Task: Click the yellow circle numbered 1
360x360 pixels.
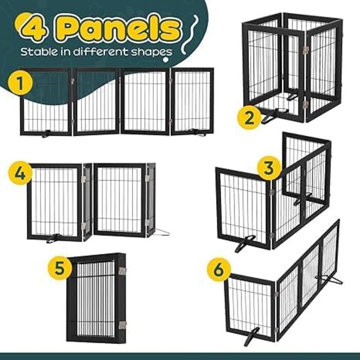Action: [x=20, y=83]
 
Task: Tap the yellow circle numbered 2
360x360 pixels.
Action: [x=249, y=118]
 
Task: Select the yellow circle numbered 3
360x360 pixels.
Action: [x=269, y=168]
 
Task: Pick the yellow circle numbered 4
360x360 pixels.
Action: [x=20, y=173]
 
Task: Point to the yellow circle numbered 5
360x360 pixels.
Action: [x=60, y=268]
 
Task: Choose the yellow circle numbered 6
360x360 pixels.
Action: [x=219, y=269]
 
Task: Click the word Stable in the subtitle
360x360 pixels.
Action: [x=39, y=51]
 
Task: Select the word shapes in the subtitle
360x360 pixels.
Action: [x=152, y=52]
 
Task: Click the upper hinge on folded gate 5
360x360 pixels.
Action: [x=122, y=271]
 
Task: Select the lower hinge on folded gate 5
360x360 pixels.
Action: [x=122, y=325]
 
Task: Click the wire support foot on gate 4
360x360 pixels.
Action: [x=163, y=232]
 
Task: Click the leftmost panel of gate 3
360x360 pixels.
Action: [x=244, y=208]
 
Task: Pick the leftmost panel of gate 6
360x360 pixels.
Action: [x=250, y=307]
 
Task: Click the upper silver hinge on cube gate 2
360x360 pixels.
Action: [x=305, y=50]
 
